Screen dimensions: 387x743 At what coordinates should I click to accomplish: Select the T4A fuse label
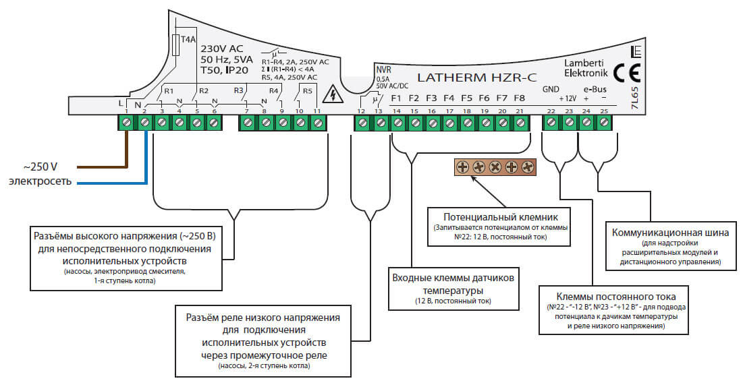pyautogui.click(x=188, y=40)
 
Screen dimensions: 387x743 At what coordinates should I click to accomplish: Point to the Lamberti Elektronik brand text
pyautogui.click(x=585, y=67)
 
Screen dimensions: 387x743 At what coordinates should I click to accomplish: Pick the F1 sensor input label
pyautogui.click(x=397, y=98)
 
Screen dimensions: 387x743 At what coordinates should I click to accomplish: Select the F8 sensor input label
pyautogui.click(x=519, y=98)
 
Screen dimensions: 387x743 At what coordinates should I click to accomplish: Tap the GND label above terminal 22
pyautogui.click(x=551, y=90)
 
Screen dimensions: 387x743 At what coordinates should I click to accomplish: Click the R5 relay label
pyautogui.click(x=307, y=90)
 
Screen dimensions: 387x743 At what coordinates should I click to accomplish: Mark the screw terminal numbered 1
pyautogui.click(x=127, y=123)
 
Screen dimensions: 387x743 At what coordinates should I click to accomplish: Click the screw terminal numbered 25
pyautogui.click(x=604, y=123)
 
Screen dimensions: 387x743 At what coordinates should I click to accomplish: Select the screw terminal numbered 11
pyautogui.click(x=317, y=123)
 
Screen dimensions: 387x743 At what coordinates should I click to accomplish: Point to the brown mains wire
pyautogui.click(x=101, y=166)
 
